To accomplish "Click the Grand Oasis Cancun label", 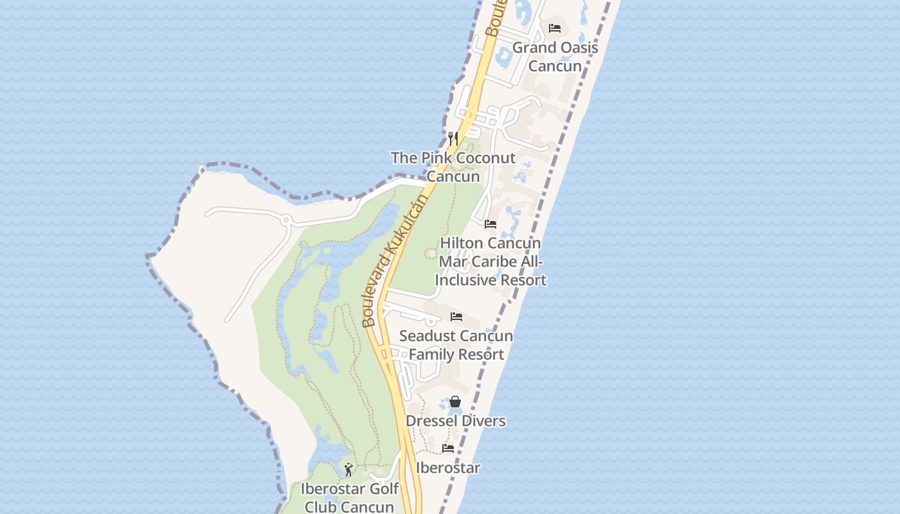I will (x=555, y=57).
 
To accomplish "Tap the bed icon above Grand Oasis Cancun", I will (x=555, y=28).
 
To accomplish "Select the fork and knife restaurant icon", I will (x=453, y=138).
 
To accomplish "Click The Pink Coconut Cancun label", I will (x=453, y=167).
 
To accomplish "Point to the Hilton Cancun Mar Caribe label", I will (x=491, y=261).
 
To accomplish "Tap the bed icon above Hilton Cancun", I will (x=491, y=224).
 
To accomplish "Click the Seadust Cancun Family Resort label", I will (x=456, y=345).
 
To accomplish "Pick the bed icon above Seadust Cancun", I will (x=456, y=316).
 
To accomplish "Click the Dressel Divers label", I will (x=456, y=421).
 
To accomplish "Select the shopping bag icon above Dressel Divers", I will (x=455, y=402).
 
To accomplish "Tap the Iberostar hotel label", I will (x=448, y=468).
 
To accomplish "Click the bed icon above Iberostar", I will (x=448, y=448).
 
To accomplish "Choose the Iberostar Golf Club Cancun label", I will (x=350, y=498).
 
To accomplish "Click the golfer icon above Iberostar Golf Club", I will (x=348, y=470).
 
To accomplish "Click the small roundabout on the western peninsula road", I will (x=286, y=220).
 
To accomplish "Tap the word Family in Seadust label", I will (x=431, y=354).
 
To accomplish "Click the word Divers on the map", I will (x=483, y=421).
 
